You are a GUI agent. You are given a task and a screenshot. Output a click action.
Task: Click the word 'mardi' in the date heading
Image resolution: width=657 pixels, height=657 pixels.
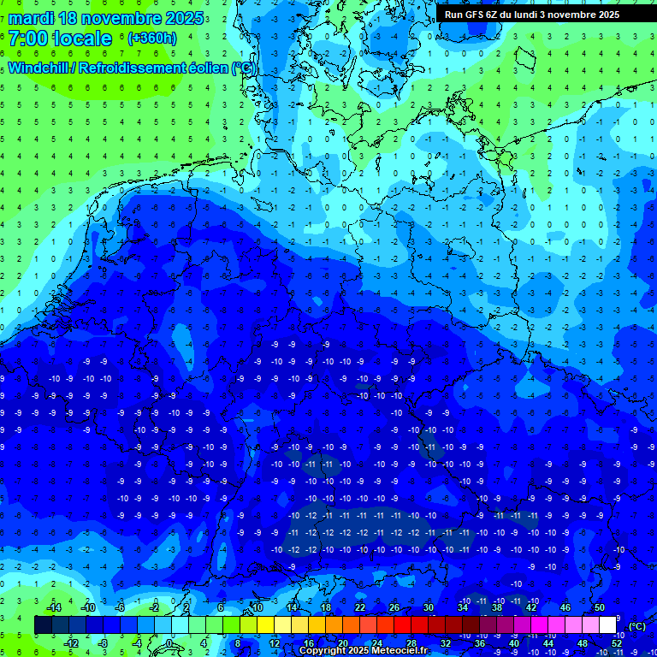pos(30,18)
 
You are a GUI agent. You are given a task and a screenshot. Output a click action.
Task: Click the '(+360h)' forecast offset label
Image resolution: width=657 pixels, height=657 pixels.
pos(151,38)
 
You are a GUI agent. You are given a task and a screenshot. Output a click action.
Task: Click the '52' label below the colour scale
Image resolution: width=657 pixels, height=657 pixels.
pos(618,643)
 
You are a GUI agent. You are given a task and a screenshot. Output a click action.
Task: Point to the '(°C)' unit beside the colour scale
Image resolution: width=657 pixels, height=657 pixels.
pos(636,625)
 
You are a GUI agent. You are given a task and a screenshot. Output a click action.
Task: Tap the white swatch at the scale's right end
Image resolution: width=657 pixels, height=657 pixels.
pos(607,624)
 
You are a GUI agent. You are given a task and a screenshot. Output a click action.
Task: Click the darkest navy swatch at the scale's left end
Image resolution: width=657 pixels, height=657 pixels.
pos(43,624)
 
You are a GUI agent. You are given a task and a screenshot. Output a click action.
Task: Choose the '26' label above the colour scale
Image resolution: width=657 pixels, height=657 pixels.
pos(394,607)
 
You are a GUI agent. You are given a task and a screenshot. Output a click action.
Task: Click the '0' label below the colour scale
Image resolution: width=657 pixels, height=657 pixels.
pos(170,643)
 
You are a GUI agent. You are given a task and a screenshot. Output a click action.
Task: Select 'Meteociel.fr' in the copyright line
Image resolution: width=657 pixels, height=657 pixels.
pos(398,651)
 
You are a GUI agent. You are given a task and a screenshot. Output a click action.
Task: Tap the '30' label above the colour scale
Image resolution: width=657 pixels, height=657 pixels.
pos(429,607)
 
